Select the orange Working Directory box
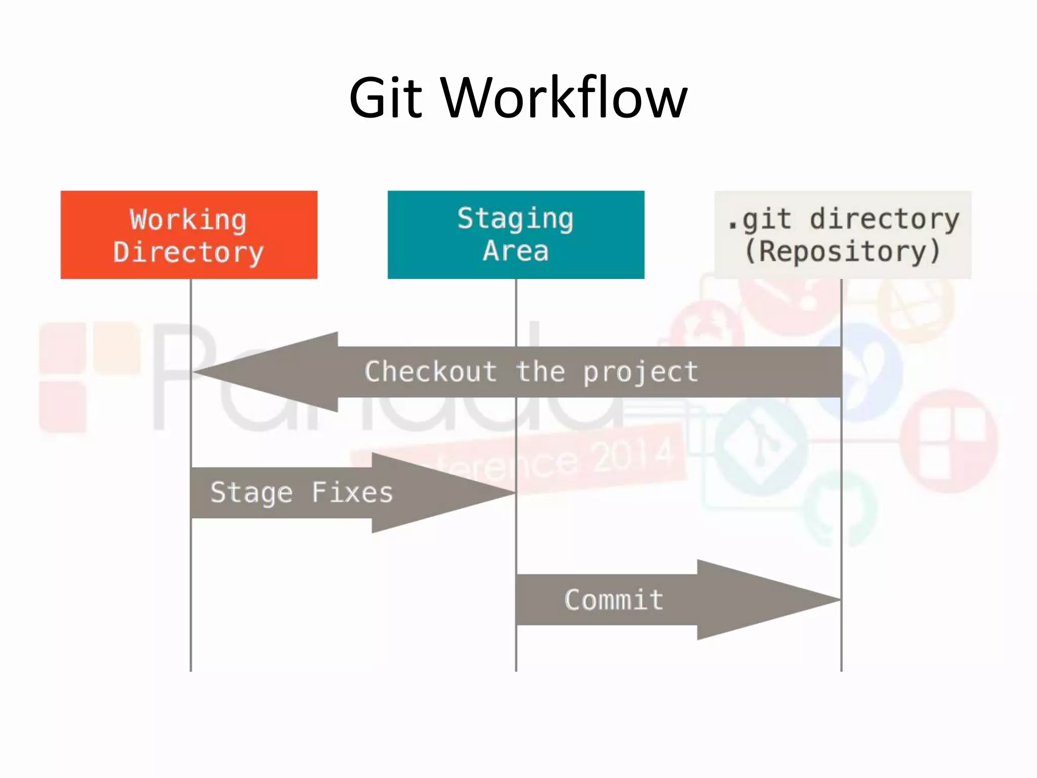click(x=189, y=235)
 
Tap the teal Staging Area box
click(x=515, y=235)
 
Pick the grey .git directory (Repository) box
click(x=843, y=235)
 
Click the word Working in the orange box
click(x=188, y=220)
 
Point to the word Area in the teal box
click(x=515, y=251)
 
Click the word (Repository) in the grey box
click(x=843, y=252)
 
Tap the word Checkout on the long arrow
click(x=430, y=372)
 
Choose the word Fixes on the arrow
click(x=352, y=492)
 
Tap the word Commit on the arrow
click(x=614, y=600)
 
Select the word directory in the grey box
click(x=884, y=220)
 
